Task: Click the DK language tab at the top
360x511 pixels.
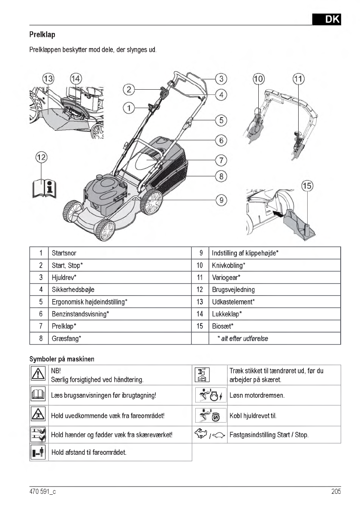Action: pos(327,19)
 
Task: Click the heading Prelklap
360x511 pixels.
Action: pos(42,34)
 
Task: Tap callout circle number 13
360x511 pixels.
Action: pos(48,79)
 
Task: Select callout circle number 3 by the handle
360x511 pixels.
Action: pos(221,79)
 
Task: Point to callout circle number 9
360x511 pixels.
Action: pos(221,200)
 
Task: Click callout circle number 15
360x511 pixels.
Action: pos(307,186)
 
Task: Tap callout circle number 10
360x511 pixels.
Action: pos(259,79)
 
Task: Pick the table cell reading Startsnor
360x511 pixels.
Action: pos(64,253)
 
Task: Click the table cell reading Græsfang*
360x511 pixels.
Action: pos(67,339)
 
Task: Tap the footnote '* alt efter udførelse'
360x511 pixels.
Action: pos(243,339)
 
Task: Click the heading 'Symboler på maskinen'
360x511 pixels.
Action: pos(62,358)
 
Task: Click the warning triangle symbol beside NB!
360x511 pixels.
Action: pos(39,375)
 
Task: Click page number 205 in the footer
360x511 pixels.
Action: pos(336,492)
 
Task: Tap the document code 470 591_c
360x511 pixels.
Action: pos(42,492)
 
